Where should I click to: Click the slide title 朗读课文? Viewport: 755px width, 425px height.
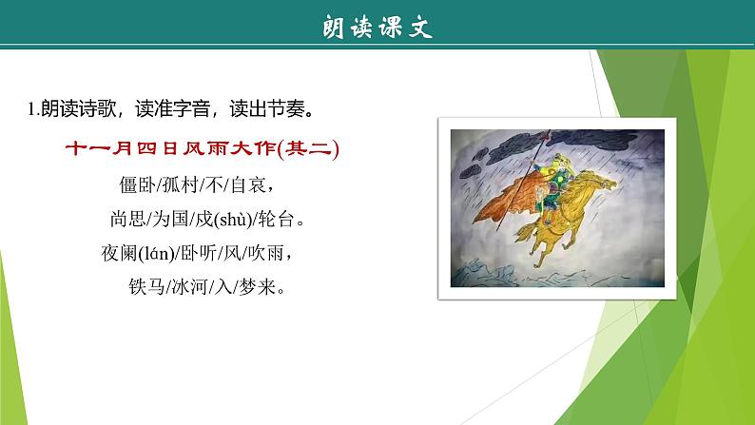tap(377, 28)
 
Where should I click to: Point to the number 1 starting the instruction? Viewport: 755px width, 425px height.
tap(31, 109)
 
